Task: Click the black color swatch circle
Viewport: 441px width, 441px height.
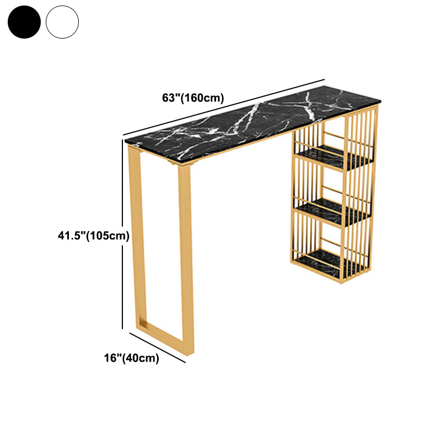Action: pos(24,22)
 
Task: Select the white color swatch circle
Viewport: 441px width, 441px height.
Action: pos(62,22)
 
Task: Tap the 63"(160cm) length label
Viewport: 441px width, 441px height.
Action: pos(193,98)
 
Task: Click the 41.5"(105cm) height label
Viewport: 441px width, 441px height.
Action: pos(94,235)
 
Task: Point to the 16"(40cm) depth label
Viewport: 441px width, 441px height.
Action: pos(132,358)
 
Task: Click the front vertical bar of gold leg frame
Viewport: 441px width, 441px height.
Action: pos(186,259)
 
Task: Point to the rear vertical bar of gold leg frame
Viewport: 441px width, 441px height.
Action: pos(137,236)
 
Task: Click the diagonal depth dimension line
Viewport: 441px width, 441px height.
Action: pos(158,348)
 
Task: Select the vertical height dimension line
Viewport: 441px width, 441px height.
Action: pos(122,234)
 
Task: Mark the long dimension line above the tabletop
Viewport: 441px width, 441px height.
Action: pos(224,107)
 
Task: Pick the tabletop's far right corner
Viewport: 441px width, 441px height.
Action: pos(381,100)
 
